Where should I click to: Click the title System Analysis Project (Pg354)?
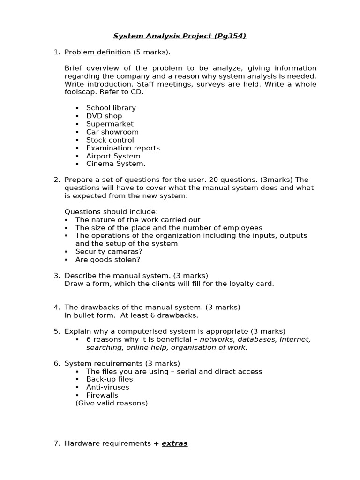click(x=180, y=36)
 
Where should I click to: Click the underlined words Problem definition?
click(x=97, y=52)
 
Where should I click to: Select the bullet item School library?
click(x=111, y=108)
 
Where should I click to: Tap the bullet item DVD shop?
click(x=104, y=116)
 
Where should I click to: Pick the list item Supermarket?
click(x=110, y=124)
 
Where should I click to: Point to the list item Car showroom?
click(x=112, y=132)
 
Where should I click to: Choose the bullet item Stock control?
click(x=110, y=140)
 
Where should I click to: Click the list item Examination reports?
click(x=123, y=148)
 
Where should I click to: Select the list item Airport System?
click(x=113, y=156)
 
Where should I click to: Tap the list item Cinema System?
click(x=116, y=164)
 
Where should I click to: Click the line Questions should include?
click(x=111, y=211)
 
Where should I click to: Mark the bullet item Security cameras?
click(x=109, y=251)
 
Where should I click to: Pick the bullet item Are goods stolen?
click(x=108, y=259)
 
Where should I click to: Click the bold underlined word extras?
click(x=174, y=443)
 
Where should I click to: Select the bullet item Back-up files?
click(x=109, y=379)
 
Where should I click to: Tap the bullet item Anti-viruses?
click(x=107, y=387)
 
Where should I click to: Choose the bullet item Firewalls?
click(x=102, y=395)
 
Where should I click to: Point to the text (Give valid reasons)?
click(x=112, y=403)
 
